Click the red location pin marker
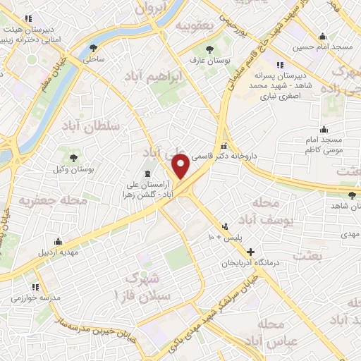pos(181,165)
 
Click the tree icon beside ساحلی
pos(94,48)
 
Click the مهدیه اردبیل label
pos(55,251)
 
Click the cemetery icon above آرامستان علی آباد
pos(147,173)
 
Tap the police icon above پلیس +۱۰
pos(225,227)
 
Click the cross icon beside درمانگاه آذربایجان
pos(250,252)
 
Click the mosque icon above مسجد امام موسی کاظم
pos(324,129)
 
